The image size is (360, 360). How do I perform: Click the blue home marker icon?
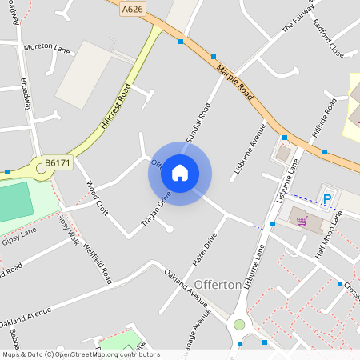pyautogui.click(x=180, y=172)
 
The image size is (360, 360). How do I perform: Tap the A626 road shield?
pyautogui.click(x=133, y=9)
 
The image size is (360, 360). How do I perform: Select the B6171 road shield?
pyautogui.click(x=57, y=162)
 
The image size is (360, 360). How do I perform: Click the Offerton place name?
pyautogui.click(x=218, y=285)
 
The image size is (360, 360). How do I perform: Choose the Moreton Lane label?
pyautogui.click(x=47, y=48)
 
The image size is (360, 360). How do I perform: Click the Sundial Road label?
pyautogui.click(x=198, y=122)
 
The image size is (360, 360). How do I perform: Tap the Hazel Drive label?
pyautogui.click(x=205, y=250)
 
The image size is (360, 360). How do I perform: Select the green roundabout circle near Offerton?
pyautogui.click(x=238, y=324)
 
